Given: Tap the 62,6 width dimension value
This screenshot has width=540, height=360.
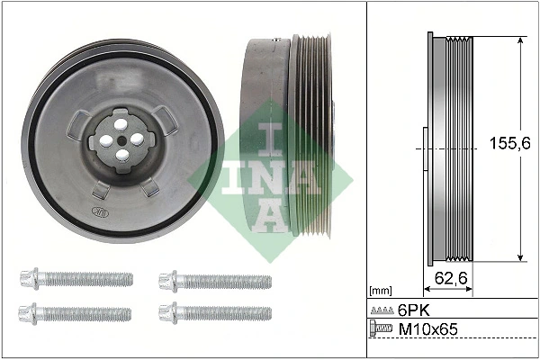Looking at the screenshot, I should [450, 278].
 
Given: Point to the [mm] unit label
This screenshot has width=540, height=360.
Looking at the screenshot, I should [381, 292].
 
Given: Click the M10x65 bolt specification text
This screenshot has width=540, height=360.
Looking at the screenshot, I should [427, 330].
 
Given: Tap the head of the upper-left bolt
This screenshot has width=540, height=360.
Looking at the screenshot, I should [27, 279].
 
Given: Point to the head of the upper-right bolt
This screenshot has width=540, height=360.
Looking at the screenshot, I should [169, 280].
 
